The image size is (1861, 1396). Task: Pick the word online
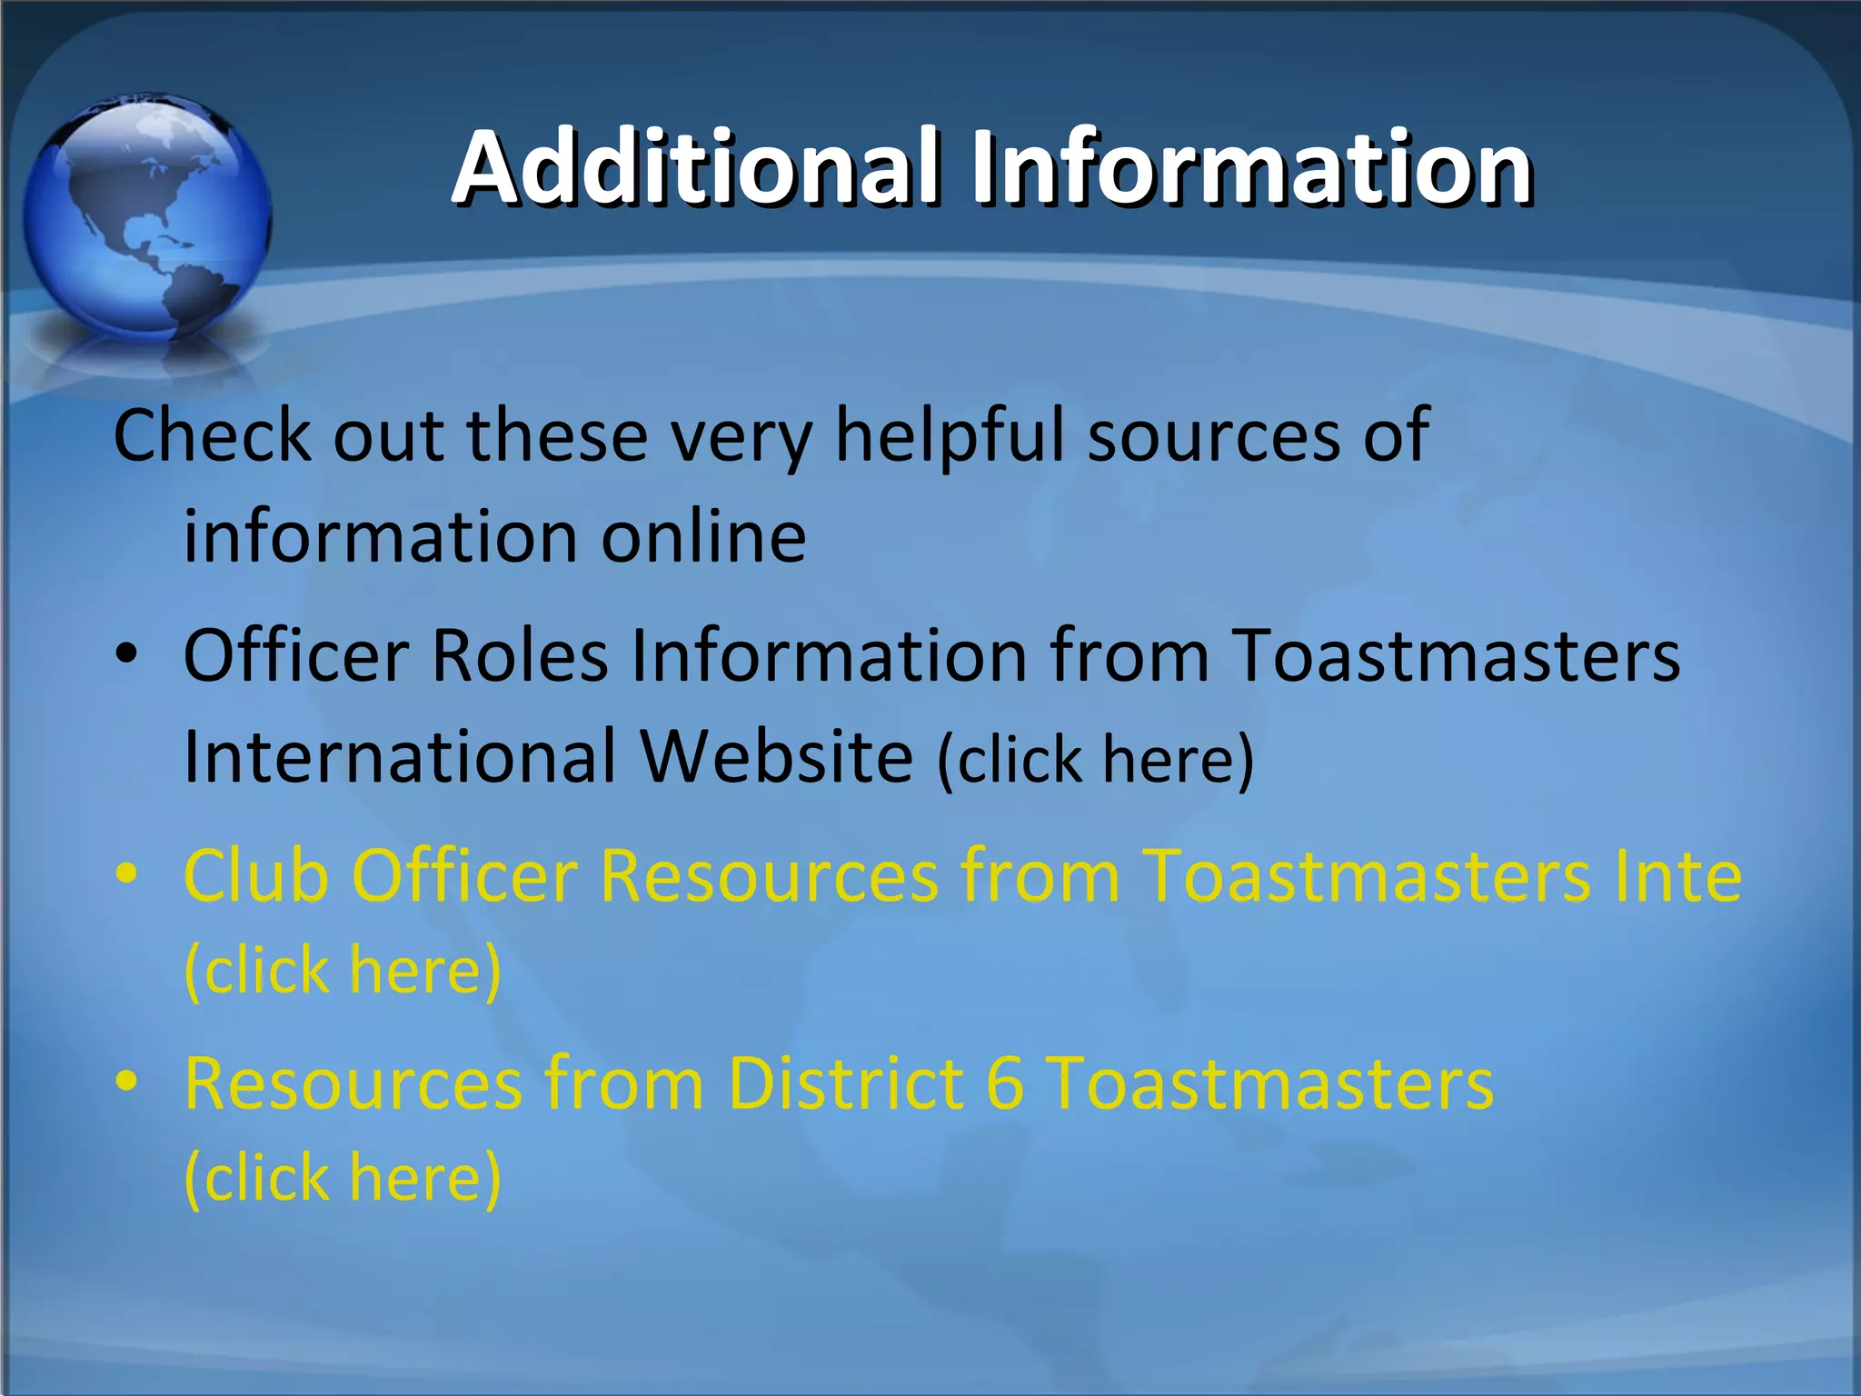pos(703,536)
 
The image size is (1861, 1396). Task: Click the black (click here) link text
pos(1096,758)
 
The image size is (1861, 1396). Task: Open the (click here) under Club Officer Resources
pos(343,971)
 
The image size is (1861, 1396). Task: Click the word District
pos(846,1083)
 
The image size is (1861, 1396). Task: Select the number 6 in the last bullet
pos(1005,1083)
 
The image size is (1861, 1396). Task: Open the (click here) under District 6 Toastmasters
pos(343,1178)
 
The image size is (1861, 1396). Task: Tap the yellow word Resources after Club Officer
pos(769,876)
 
